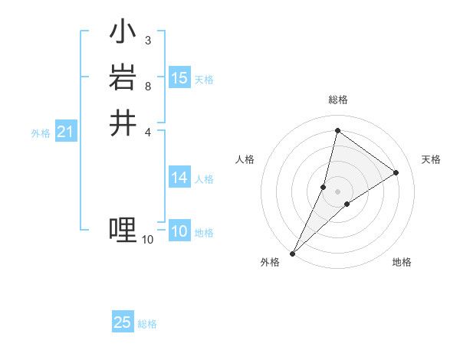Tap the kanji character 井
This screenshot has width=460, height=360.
click(123, 123)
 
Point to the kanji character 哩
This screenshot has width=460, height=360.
click(123, 229)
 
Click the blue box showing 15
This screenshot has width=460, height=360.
click(179, 78)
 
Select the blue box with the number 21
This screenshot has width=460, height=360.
click(65, 133)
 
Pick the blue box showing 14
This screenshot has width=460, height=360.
click(179, 178)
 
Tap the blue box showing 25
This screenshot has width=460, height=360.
click(123, 322)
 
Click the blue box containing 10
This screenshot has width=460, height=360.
click(179, 231)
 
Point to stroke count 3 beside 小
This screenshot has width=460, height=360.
click(147, 40)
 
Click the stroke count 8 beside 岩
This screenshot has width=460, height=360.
click(147, 86)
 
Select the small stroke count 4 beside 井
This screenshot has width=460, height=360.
click(147, 131)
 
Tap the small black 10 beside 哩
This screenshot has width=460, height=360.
click(147, 240)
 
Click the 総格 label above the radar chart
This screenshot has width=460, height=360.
click(338, 100)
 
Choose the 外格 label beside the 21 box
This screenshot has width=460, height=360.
click(41, 133)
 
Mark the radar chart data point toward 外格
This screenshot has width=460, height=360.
click(293, 254)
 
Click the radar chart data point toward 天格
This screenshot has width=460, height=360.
click(396, 172)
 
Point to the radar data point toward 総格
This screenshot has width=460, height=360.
click(337, 130)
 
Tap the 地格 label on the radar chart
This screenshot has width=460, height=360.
click(402, 263)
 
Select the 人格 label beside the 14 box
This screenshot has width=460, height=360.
click(204, 179)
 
